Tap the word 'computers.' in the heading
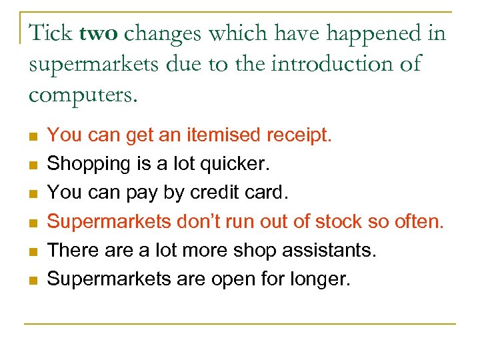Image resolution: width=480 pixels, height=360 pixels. click(83, 95)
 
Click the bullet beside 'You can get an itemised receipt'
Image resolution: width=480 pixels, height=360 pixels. click(32, 136)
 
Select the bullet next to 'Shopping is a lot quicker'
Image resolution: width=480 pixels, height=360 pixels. click(32, 165)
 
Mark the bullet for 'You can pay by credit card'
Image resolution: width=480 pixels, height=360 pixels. click(32, 193)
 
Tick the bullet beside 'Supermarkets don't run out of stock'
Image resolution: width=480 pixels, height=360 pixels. click(32, 222)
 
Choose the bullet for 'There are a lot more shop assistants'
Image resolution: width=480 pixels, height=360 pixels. click(32, 251)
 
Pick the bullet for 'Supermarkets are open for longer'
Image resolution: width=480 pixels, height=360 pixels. click(32, 279)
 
